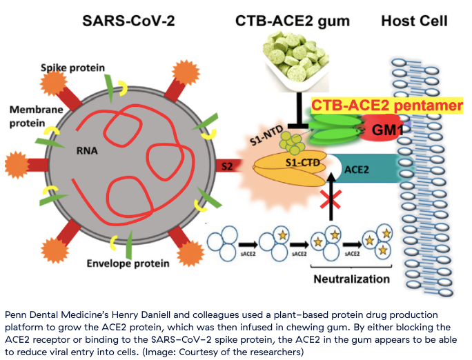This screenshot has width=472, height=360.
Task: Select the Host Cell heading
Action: (414, 21)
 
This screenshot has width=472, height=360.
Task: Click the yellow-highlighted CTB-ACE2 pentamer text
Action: (387, 106)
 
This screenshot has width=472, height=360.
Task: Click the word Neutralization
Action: (352, 279)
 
